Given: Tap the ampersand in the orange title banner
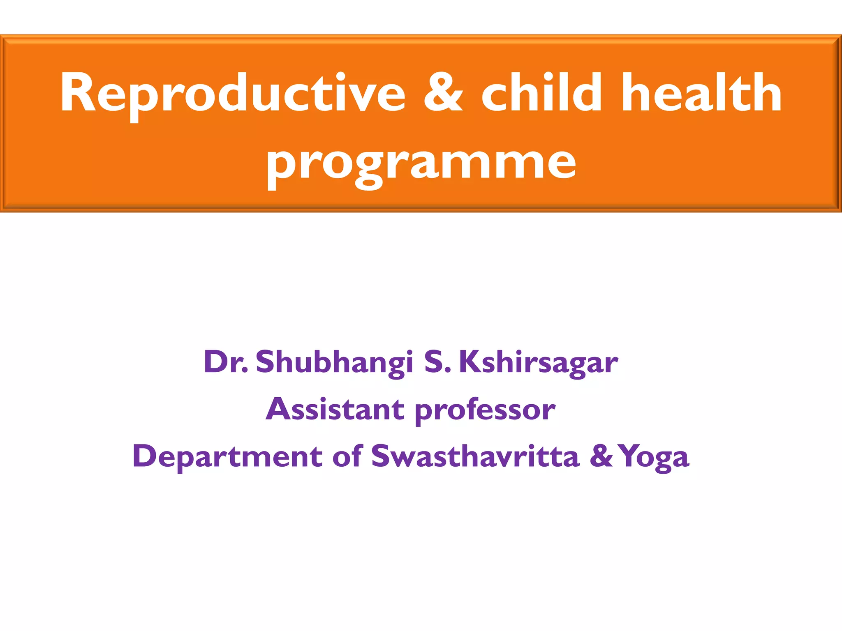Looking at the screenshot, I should click(x=443, y=92).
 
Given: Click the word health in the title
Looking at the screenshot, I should click(x=701, y=92).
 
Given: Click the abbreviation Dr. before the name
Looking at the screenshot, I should click(x=225, y=362).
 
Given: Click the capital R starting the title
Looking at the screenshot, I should click(x=78, y=92).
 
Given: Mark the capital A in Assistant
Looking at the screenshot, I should click(x=279, y=409).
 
